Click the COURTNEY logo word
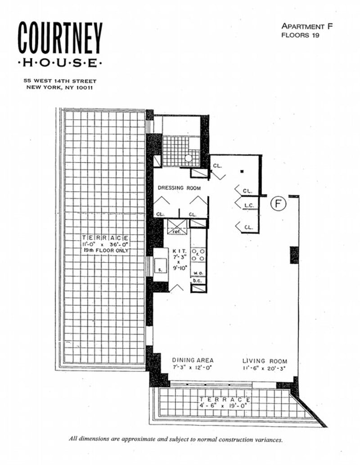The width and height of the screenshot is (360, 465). point(60,39)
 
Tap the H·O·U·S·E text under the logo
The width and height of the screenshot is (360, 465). point(60,63)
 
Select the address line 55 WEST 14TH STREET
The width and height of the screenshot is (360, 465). point(60,81)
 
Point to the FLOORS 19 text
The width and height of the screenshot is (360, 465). point(300,35)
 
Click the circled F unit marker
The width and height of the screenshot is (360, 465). point(279,204)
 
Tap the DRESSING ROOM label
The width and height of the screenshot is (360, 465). point(179,188)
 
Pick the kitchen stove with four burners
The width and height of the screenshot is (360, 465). point(198,255)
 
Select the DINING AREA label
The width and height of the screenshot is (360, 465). point(193,360)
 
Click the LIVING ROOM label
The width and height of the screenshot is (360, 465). point(265,361)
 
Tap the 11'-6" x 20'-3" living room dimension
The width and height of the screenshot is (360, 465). point(265,368)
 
